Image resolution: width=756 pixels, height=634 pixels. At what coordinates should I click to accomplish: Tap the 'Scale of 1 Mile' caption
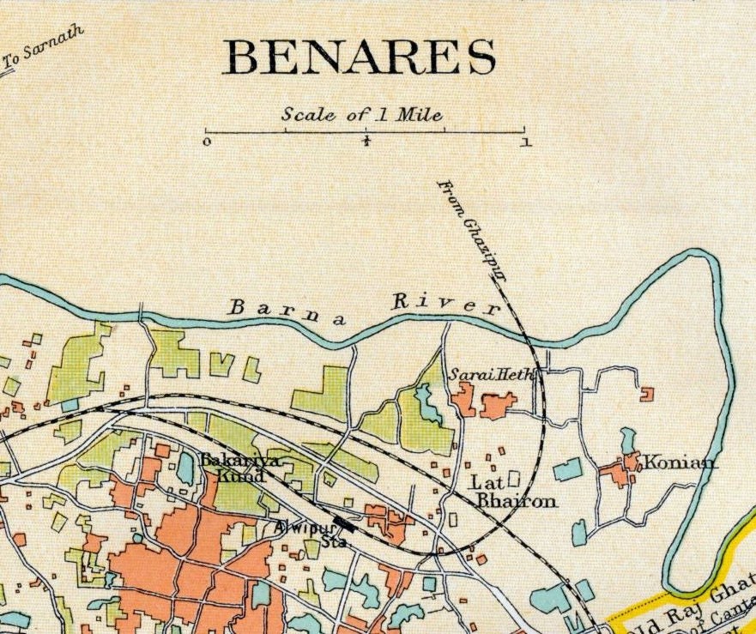tap(366, 115)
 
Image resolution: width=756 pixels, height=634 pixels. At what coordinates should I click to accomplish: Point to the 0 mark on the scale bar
tap(207, 142)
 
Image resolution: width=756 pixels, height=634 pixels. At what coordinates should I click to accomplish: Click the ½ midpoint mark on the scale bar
tap(366, 142)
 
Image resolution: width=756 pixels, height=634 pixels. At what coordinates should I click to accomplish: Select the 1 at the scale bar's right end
tap(525, 142)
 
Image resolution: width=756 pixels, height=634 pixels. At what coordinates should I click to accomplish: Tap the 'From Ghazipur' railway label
tap(472, 232)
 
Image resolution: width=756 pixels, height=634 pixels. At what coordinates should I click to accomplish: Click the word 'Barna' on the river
tap(287, 310)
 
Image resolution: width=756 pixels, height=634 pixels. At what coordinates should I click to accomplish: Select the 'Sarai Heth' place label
tap(480, 374)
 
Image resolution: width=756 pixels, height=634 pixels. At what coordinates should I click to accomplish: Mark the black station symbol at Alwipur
tap(344, 522)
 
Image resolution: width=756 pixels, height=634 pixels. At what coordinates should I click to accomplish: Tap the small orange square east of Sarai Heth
tap(646, 394)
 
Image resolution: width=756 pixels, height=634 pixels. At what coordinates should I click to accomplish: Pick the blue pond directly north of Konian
tap(628, 439)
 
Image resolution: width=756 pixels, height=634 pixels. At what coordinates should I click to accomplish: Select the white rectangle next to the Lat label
tap(514, 477)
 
